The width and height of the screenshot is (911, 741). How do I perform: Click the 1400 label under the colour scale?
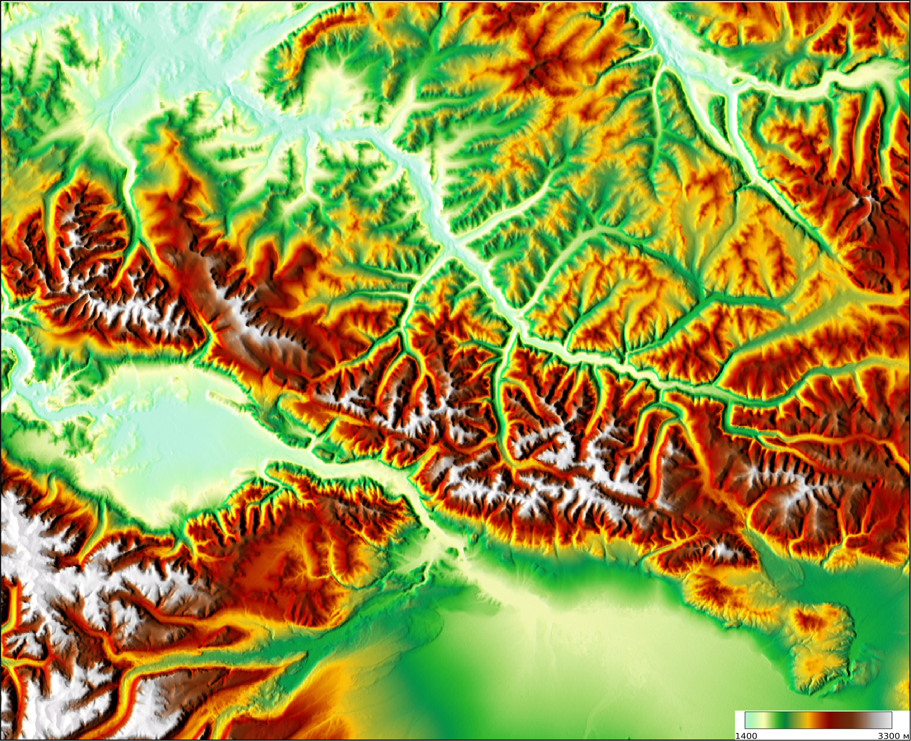coord(746,736)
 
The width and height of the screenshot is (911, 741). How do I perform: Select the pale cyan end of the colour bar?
coord(748,720)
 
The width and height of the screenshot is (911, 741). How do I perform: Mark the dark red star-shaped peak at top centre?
coord(540,67)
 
